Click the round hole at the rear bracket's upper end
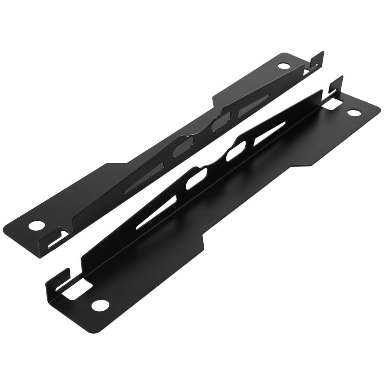click(x=284, y=66)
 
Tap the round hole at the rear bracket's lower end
click(x=36, y=226)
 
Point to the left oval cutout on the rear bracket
click(x=184, y=146)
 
